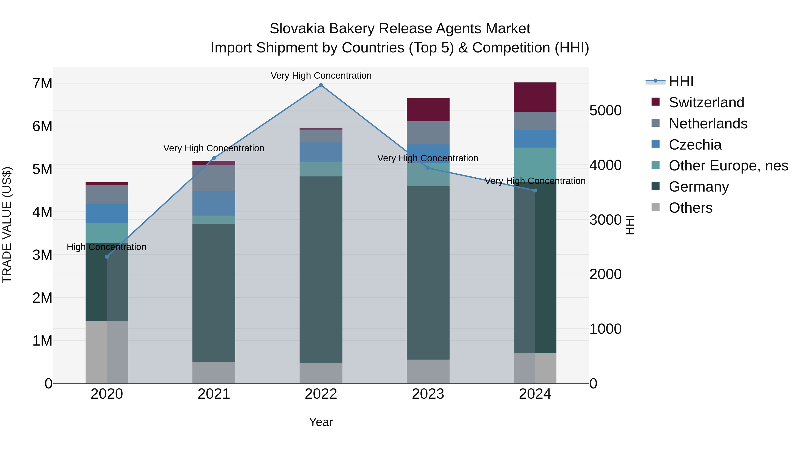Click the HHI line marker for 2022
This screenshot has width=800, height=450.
[321, 85]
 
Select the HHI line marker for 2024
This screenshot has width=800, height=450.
[535, 191]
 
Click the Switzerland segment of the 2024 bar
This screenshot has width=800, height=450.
[535, 97]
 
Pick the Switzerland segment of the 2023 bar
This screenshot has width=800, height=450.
[428, 110]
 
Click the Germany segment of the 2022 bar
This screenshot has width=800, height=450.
[321, 270]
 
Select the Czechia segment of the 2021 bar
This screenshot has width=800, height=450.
[214, 203]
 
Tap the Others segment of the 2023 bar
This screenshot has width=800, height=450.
[428, 371]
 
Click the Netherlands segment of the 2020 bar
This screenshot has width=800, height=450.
[107, 194]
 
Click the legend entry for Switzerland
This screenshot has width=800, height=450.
[706, 102]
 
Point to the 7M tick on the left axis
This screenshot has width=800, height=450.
[42, 84]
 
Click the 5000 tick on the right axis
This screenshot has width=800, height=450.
[605, 111]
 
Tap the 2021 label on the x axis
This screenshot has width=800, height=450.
[214, 394]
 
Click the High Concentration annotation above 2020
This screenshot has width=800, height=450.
[106, 247]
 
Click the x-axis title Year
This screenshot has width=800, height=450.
[321, 422]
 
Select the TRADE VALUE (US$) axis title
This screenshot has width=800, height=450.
[7, 225]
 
